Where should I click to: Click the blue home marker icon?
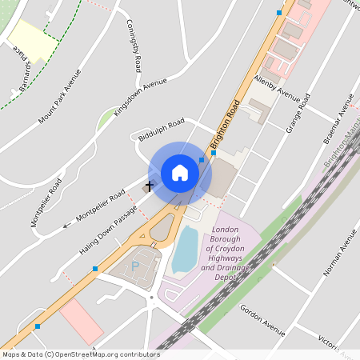tap(180, 173)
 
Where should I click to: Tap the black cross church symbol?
tap(149, 186)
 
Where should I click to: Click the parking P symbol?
tap(135, 265)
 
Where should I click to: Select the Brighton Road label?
tap(226, 125)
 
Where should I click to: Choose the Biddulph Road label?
tap(161, 126)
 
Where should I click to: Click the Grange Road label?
tap(298, 113)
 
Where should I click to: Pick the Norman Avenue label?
tap(338, 254)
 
